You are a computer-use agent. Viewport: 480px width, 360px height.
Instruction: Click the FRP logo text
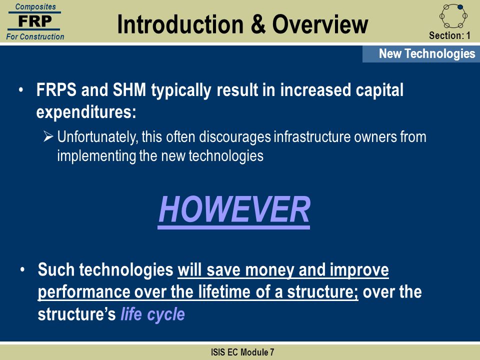point(35,21)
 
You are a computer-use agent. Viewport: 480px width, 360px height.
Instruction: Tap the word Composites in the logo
point(35,6)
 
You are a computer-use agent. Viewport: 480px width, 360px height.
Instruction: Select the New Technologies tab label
point(427,53)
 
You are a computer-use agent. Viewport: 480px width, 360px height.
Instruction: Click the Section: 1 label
point(449,35)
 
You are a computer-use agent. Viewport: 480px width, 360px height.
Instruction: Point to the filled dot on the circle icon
point(460,6)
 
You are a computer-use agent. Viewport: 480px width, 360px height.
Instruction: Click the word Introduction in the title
point(180,24)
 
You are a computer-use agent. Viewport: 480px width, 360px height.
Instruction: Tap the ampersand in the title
point(258,24)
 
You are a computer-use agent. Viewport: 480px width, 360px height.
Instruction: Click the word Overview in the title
point(320,24)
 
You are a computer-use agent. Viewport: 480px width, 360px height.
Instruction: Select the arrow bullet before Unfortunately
point(48,136)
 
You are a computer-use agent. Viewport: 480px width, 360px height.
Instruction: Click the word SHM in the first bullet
point(129,90)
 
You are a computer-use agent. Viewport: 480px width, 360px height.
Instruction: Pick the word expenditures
point(86,112)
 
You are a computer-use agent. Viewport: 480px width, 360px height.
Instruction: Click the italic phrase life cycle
point(153,314)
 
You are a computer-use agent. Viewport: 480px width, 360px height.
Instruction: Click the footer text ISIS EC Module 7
point(242,352)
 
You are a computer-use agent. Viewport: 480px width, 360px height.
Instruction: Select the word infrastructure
point(312,136)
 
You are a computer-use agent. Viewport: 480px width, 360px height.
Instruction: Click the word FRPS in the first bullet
point(56,90)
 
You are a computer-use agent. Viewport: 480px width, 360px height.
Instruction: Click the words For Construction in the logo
point(35,36)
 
